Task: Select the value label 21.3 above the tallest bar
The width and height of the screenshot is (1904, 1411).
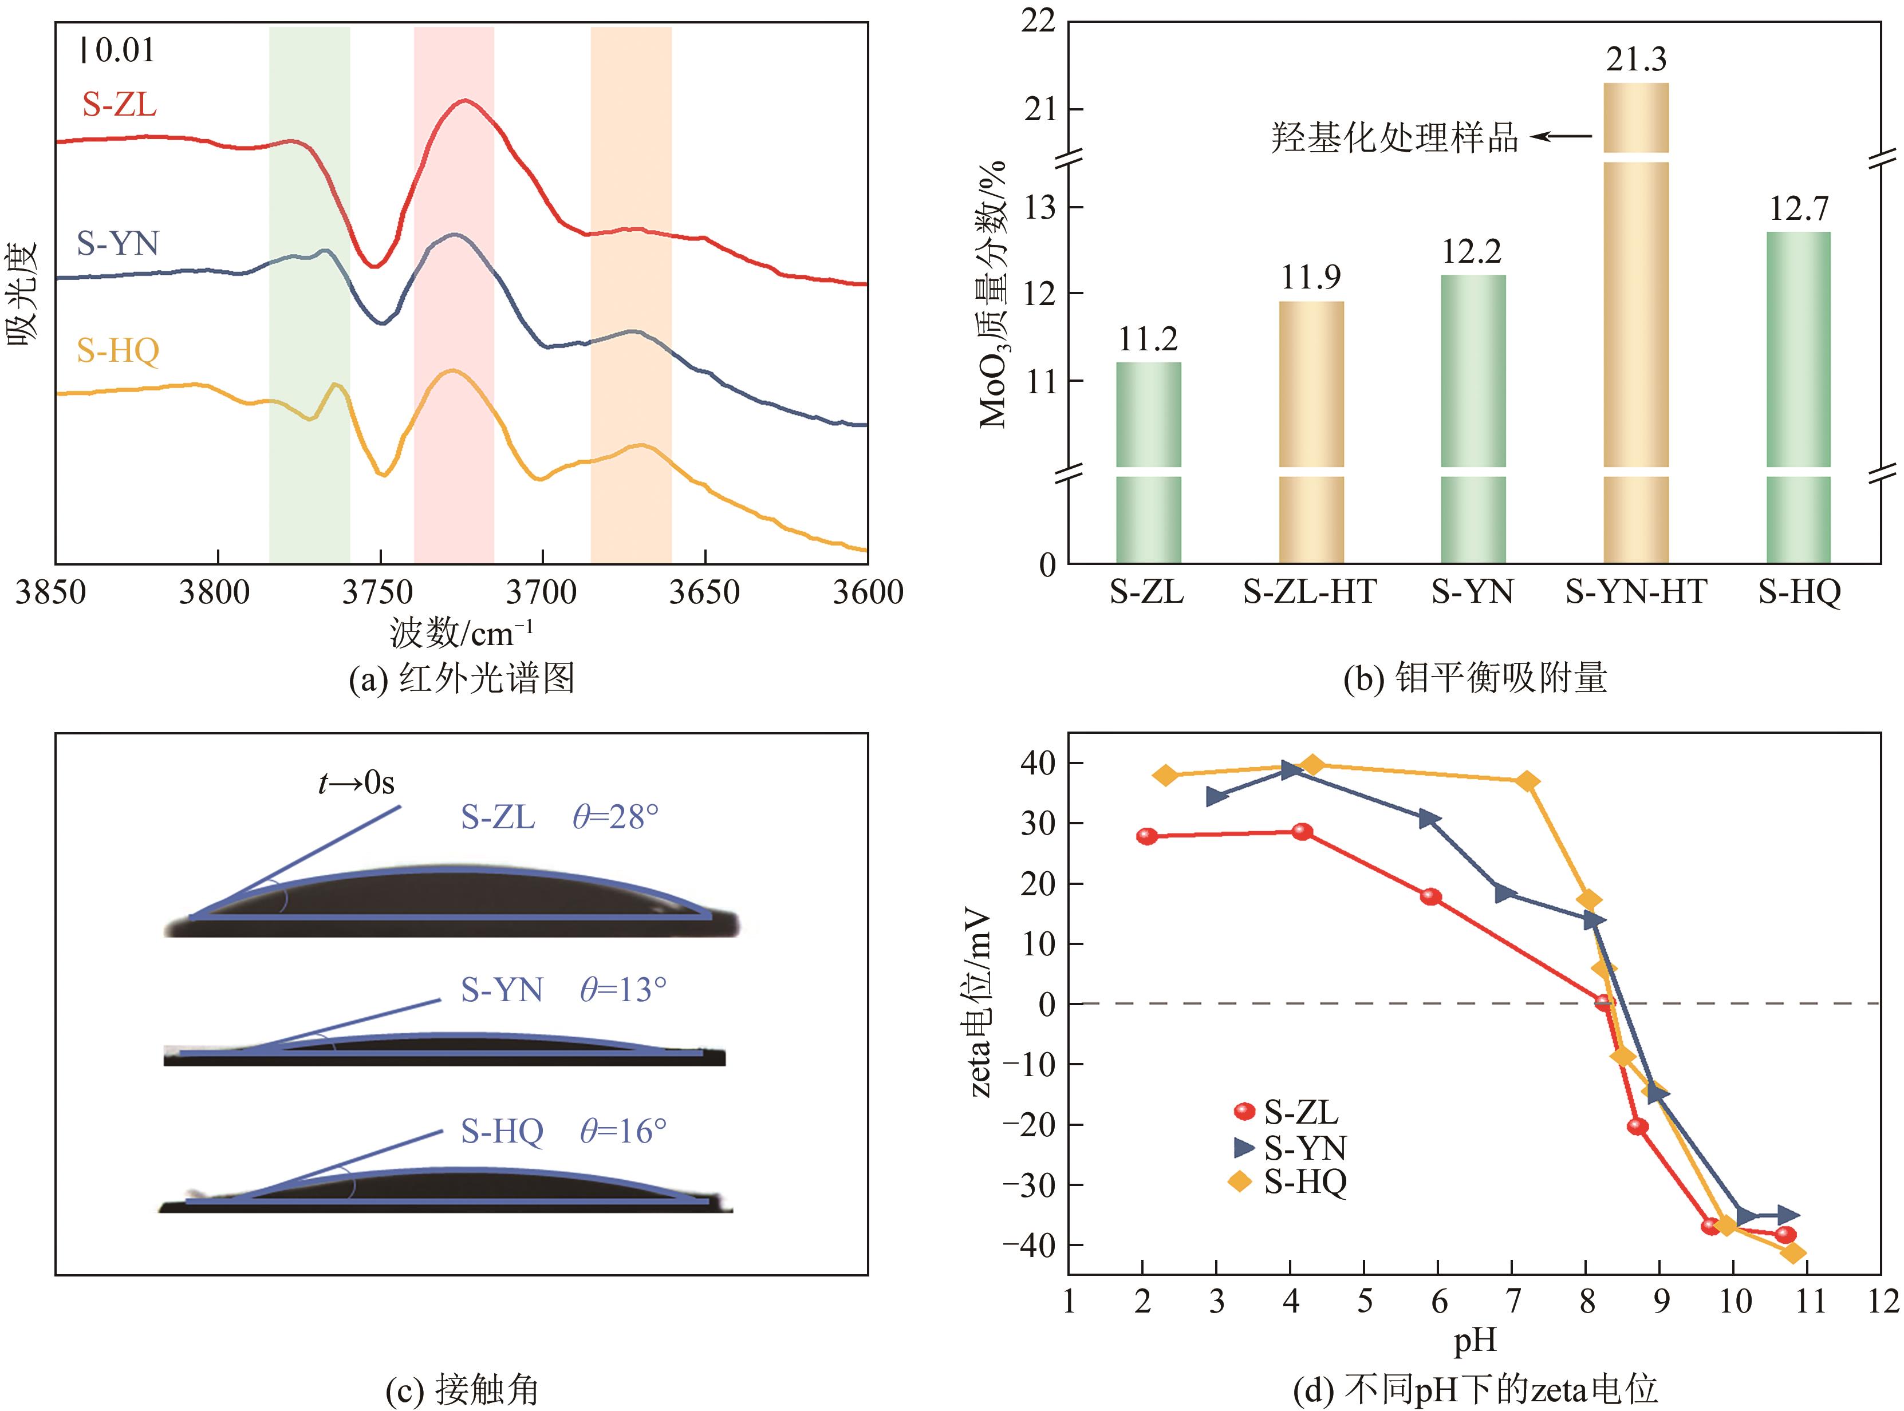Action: click(x=1636, y=59)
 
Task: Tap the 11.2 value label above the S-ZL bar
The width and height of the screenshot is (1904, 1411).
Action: click(x=1148, y=340)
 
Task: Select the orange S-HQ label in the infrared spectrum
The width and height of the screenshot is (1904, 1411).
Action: click(x=118, y=350)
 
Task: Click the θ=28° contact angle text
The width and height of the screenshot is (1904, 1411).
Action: click(x=615, y=817)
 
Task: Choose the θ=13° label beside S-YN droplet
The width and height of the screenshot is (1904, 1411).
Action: click(x=622, y=990)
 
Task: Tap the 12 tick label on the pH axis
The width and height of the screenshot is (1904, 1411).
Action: click(x=1881, y=1302)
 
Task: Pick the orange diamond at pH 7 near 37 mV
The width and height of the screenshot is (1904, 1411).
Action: click(x=1528, y=781)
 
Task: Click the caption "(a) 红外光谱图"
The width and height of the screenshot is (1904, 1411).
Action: click(x=462, y=679)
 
